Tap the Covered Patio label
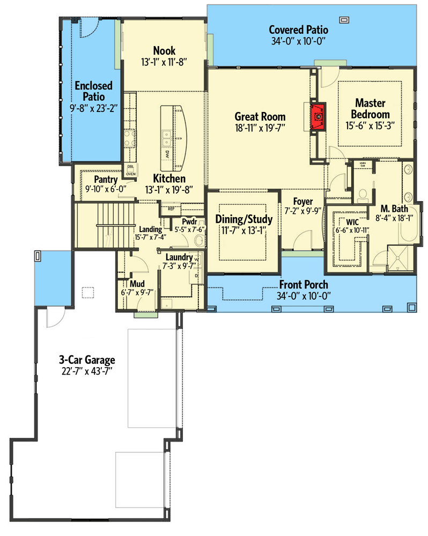[298, 29]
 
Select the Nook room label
[164, 51]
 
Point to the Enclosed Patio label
[93, 91]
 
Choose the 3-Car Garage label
[87, 360]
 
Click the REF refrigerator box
[171, 209]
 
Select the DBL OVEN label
[130, 170]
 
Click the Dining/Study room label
[244, 219]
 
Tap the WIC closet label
[352, 222]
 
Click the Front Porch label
[303, 285]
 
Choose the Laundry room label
[179, 257]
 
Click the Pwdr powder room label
[189, 221]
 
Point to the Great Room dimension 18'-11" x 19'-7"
[260, 128]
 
